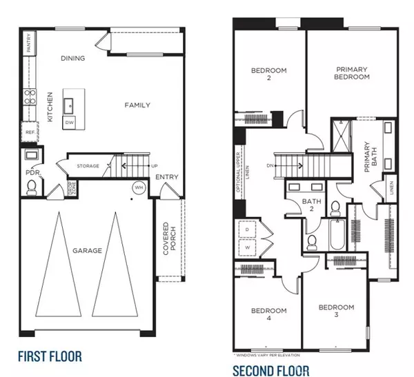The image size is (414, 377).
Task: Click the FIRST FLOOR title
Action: coord(50,356)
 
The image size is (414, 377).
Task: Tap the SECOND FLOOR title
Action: coord(271,370)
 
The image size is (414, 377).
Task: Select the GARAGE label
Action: coord(87,250)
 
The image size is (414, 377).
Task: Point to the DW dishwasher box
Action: coord(69,122)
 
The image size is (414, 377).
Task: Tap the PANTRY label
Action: coord(28,43)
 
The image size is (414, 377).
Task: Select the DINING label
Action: coord(72,59)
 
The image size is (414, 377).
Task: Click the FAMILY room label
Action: coord(137,105)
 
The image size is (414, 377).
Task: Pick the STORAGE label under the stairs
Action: coord(88,166)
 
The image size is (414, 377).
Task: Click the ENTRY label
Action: coord(166,177)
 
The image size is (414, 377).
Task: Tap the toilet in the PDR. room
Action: coord(30,187)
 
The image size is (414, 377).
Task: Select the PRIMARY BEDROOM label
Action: coord(353,73)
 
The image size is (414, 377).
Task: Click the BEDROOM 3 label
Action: coord(336,311)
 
